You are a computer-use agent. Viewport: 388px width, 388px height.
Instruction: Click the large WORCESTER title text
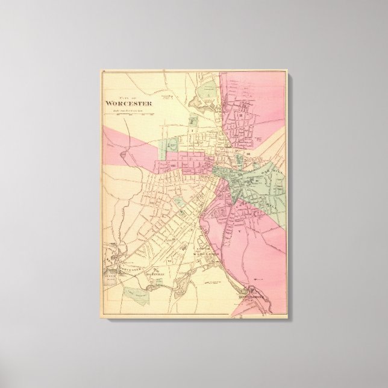point(129,102)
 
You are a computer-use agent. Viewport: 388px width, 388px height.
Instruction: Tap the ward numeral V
point(240,229)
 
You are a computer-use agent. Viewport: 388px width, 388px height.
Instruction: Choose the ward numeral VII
point(153,202)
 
